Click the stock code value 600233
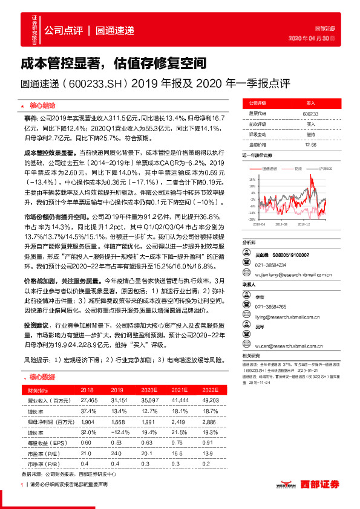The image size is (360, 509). (310, 114)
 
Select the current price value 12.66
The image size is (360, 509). (310, 145)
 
